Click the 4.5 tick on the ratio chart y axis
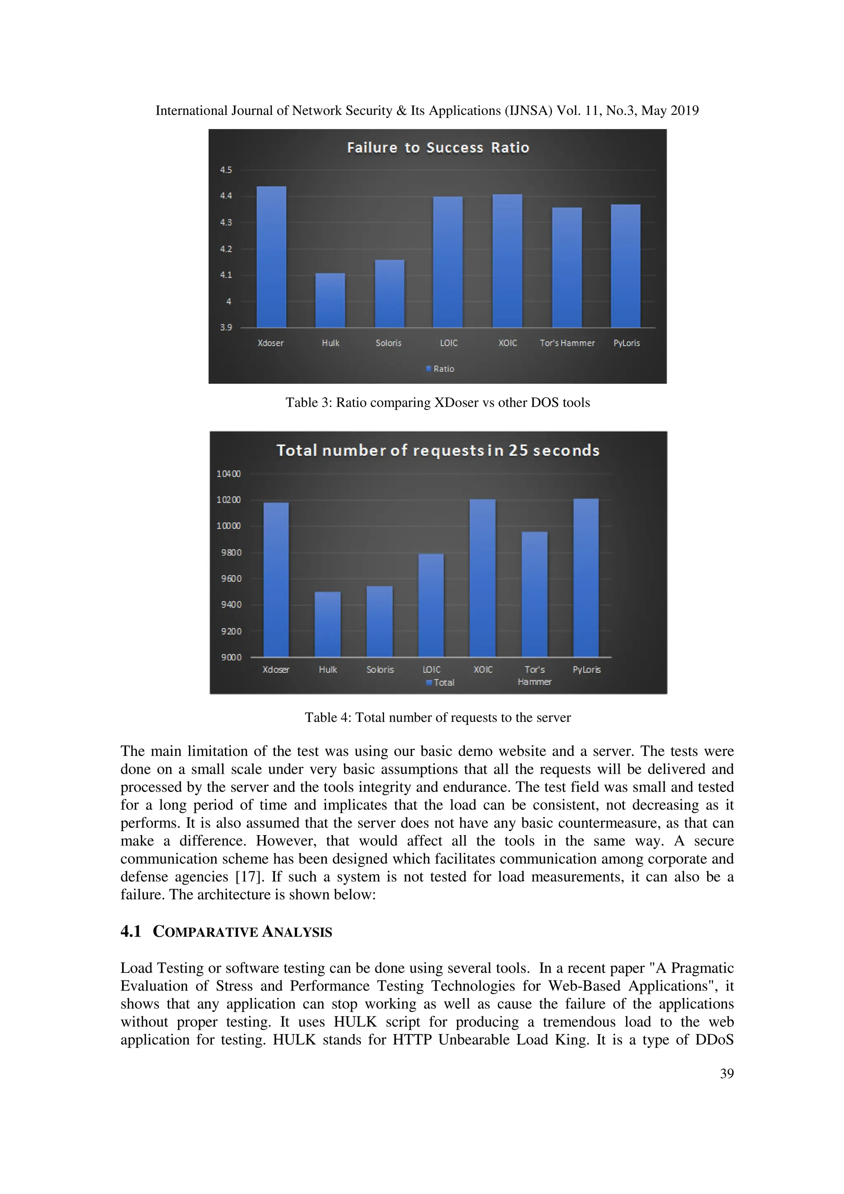click(x=226, y=170)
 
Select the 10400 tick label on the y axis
click(x=228, y=474)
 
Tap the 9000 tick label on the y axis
click(x=231, y=657)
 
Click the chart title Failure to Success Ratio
click(x=438, y=147)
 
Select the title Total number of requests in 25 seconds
click(x=438, y=450)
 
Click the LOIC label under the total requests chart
click(x=431, y=670)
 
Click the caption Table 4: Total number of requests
click(x=437, y=718)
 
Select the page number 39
click(x=727, y=1073)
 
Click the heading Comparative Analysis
click(x=242, y=932)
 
